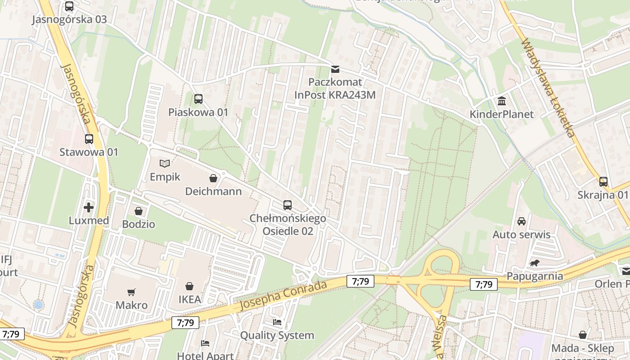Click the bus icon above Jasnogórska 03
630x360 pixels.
(69, 6)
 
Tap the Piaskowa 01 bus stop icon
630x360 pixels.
(198, 99)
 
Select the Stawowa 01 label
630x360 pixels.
(89, 152)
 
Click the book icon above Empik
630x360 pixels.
(165, 164)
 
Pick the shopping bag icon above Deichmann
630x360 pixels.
(213, 178)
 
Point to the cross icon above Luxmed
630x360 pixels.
(89, 207)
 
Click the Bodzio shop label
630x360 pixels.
(139, 224)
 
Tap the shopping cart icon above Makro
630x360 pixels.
(131, 292)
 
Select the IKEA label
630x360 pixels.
(189, 299)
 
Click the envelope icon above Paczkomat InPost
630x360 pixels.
(335, 69)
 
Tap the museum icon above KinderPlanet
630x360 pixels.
(502, 101)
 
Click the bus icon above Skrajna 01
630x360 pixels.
(603, 182)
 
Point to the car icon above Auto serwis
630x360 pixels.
(522, 221)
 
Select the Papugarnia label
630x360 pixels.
(535, 276)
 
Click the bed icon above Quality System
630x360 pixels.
(277, 322)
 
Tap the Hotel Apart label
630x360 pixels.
(205, 355)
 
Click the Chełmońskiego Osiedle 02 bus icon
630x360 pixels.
(288, 205)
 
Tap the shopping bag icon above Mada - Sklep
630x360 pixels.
(583, 335)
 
